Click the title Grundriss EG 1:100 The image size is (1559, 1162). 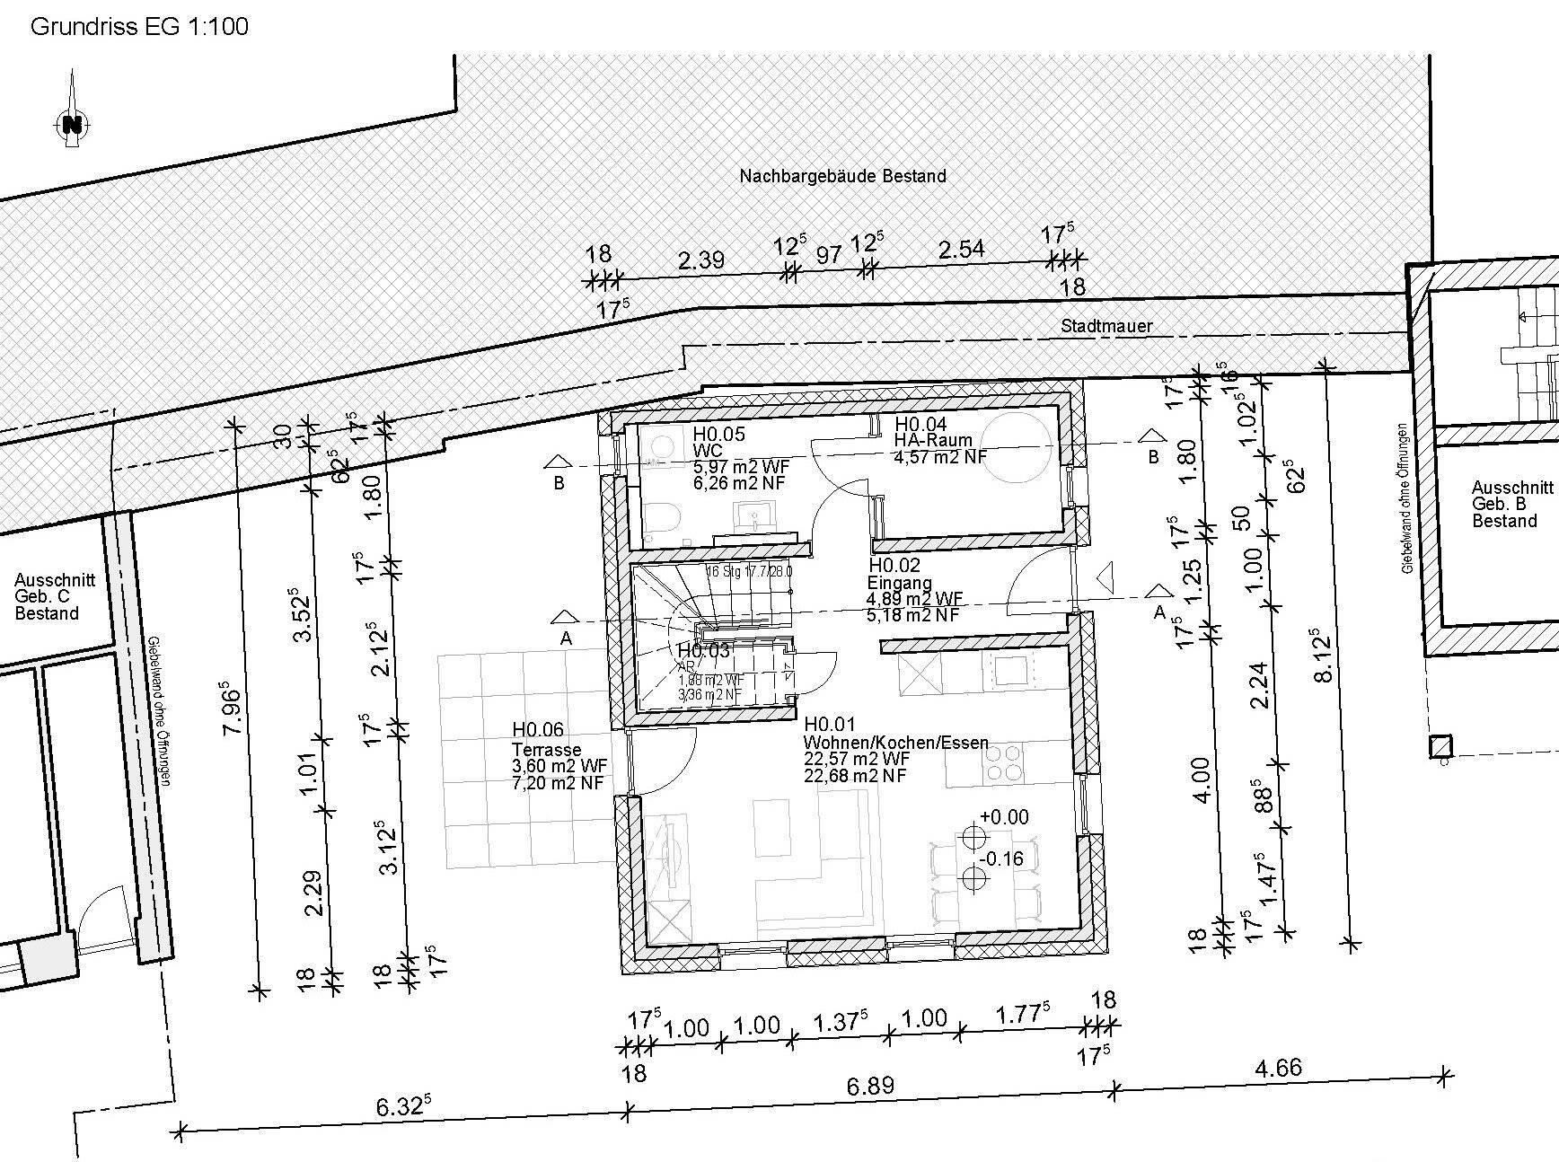pyautogui.click(x=139, y=26)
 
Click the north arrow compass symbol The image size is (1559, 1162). pyautogui.click(x=72, y=123)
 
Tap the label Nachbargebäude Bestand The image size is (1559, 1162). pyautogui.click(x=842, y=176)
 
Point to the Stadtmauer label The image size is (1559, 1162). pyautogui.click(x=1106, y=326)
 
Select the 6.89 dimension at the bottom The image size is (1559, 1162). pyautogui.click(x=870, y=1086)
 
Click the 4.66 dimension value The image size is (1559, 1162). pyautogui.click(x=1277, y=1068)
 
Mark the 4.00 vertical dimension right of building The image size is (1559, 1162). pyautogui.click(x=1202, y=779)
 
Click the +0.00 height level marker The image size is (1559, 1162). pyautogui.click(x=1003, y=817)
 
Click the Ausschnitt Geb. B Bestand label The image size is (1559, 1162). pyautogui.click(x=1511, y=504)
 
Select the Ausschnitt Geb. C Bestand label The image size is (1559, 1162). pyautogui.click(x=54, y=597)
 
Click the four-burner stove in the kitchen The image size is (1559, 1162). pyautogui.click(x=1004, y=762)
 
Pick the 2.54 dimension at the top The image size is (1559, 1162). pyautogui.click(x=961, y=249)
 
